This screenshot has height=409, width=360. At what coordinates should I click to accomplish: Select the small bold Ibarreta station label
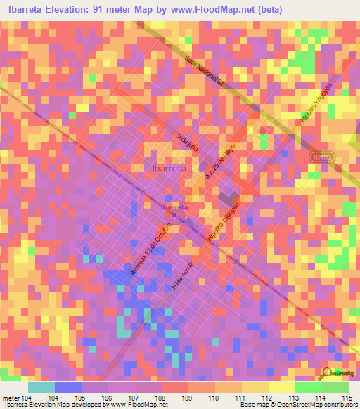coord(174,207)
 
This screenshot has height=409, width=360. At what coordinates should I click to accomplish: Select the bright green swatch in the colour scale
coord(309,387)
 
